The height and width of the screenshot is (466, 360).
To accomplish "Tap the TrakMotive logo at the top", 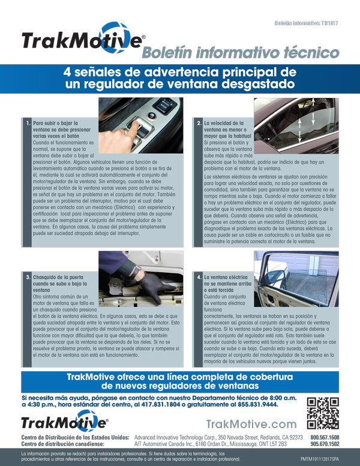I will coord(83,40).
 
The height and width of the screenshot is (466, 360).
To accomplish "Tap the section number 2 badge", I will coord(199,123).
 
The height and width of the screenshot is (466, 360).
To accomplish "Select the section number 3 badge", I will coord(28,277).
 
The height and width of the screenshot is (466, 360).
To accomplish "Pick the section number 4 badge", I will coord(199,277).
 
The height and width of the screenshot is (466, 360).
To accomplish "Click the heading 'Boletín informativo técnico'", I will coord(240,53).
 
